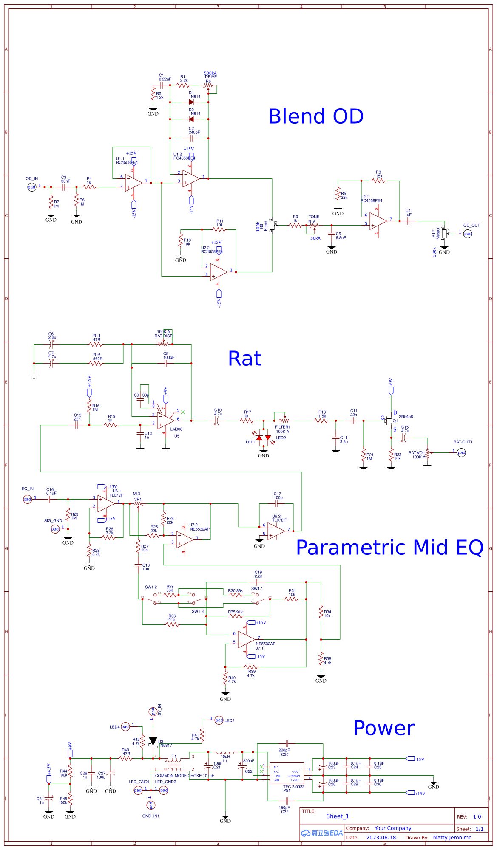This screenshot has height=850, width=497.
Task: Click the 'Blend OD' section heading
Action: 316,116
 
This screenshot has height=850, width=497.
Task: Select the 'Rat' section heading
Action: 244,359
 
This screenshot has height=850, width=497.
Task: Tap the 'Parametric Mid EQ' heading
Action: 389,548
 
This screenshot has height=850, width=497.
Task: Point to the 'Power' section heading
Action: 383,728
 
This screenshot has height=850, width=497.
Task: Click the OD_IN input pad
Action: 31,187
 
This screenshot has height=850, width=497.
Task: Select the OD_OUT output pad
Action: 468,234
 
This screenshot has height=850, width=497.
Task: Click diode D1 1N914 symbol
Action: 191,102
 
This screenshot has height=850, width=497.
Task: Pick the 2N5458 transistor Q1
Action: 389,421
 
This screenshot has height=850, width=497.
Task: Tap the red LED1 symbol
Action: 259,438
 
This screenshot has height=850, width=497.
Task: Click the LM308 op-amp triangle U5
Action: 165,421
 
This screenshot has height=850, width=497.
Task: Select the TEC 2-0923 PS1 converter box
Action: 287,774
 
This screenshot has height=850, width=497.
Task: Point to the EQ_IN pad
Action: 27,499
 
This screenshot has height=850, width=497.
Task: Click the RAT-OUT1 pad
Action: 461,452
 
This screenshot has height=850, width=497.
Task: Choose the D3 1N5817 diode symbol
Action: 153,741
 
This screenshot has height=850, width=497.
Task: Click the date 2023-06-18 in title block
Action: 381,838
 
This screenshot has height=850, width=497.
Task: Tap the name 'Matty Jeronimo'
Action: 452,838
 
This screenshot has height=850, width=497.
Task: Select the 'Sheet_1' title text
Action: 337,816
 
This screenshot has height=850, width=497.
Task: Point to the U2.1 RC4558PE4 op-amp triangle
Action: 378,221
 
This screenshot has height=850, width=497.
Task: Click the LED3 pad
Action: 219,720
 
